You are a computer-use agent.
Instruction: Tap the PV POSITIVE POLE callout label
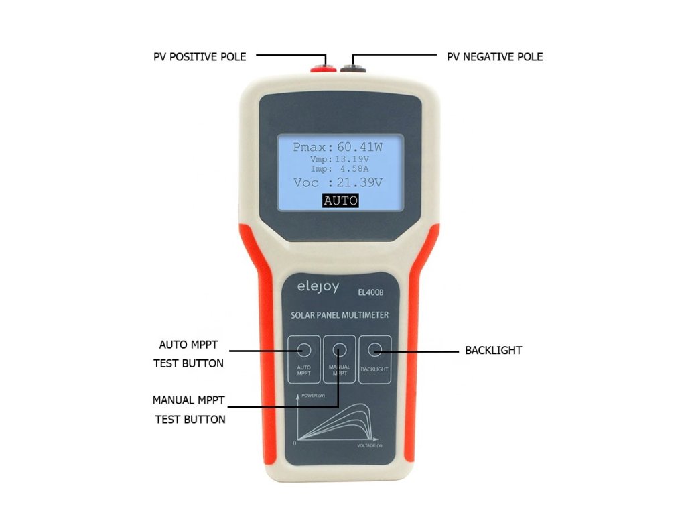click(200, 57)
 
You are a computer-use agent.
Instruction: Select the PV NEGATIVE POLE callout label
click(494, 57)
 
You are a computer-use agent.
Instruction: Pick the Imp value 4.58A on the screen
click(353, 169)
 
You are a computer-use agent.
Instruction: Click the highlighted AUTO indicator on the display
click(340, 201)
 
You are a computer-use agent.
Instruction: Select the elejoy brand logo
click(318, 287)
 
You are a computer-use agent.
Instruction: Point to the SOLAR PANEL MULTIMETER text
click(340, 314)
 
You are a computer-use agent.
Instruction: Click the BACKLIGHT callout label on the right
click(493, 350)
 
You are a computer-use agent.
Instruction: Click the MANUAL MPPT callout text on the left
click(188, 400)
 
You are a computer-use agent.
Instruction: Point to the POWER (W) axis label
click(313, 396)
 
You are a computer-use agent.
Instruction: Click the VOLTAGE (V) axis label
click(369, 445)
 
